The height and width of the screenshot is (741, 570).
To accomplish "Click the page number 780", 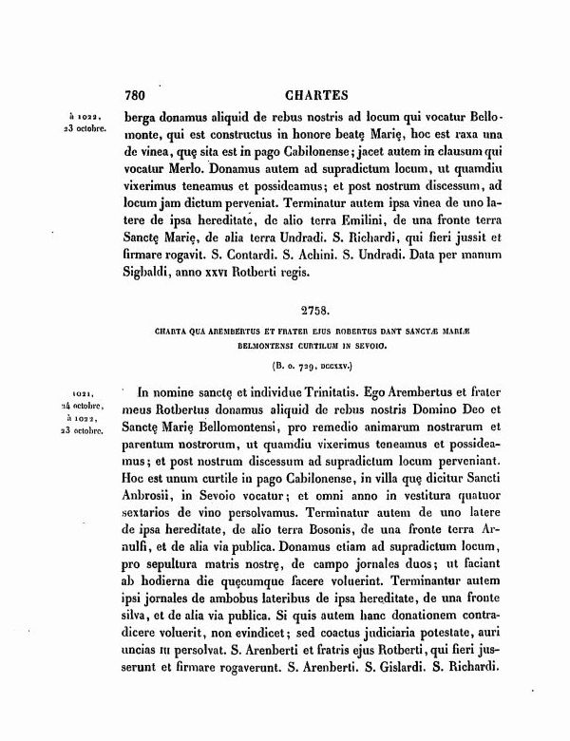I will click(139, 95).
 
